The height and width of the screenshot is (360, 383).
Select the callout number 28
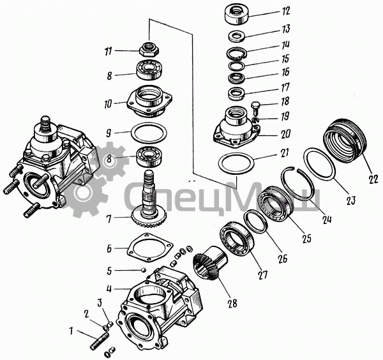[231, 303]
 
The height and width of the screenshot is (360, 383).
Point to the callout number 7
[109, 218]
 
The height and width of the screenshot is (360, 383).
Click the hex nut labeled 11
[151, 48]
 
